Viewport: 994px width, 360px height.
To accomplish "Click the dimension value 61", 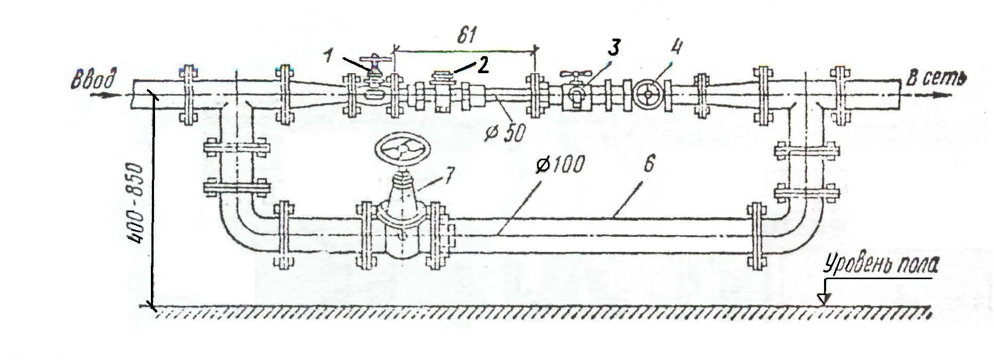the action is pos(466,36).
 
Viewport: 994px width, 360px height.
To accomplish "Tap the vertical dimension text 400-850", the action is pos(135,204).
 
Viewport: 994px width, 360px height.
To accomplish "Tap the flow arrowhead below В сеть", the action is pos(945,95).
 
